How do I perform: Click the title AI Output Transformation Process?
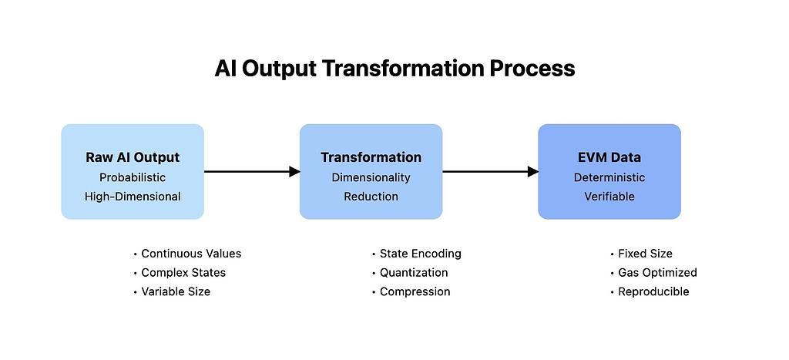pyautogui.click(x=394, y=69)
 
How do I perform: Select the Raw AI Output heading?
pyautogui.click(x=133, y=157)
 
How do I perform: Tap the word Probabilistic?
pyautogui.click(x=133, y=177)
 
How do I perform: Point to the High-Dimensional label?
pyautogui.click(x=133, y=197)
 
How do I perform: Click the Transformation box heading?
pyautogui.click(x=371, y=157)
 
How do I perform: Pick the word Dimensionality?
pyautogui.click(x=371, y=177)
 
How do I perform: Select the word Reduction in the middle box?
pyautogui.click(x=371, y=197)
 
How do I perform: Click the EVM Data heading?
pyautogui.click(x=609, y=157)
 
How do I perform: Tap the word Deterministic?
pyautogui.click(x=609, y=177)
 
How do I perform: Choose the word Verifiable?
pyautogui.click(x=609, y=197)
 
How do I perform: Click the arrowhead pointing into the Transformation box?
pyautogui.click(x=294, y=172)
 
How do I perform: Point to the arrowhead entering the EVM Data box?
pyautogui.click(x=532, y=172)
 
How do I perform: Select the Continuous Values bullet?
pyautogui.click(x=191, y=254)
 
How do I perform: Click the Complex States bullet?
pyautogui.click(x=183, y=273)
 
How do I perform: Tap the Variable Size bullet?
pyautogui.click(x=176, y=292)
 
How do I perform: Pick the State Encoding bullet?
pyautogui.click(x=420, y=254)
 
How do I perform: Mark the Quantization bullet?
pyautogui.click(x=414, y=273)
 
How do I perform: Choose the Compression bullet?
pyautogui.click(x=415, y=292)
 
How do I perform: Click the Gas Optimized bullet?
pyautogui.click(x=657, y=273)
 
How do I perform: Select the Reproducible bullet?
pyautogui.click(x=653, y=292)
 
